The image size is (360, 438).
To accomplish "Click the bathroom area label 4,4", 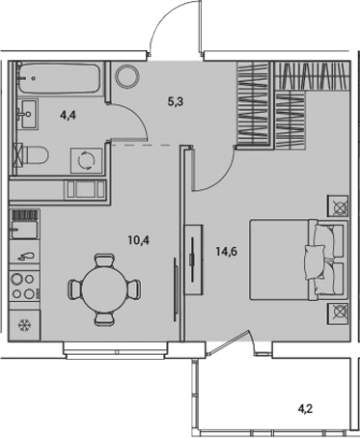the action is coord(68,115).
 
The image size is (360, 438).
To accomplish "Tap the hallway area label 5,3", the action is coord(176,102).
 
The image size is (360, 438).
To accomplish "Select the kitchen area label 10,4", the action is coord(138,240).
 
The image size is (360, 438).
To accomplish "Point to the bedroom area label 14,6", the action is coord(227,252).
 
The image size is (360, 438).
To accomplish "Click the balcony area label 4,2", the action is coord(305,409).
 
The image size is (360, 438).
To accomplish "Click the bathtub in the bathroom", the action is coord(61,78).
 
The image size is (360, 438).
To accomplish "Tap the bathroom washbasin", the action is coord(28,114).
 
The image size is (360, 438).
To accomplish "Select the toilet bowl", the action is coord(32,155).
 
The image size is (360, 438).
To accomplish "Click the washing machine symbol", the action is coord(87,160).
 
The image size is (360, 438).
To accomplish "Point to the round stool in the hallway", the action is coord(127,76).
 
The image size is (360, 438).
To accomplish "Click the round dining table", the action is coord(104,289).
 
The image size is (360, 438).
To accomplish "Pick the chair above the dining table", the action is coord(104,260).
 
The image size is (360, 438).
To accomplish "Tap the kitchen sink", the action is coord(25,225).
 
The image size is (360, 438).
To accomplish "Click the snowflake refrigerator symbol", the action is coord(24,325).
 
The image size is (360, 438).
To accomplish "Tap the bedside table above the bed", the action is coord(338,205).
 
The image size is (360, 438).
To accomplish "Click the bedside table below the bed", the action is coord(338,314).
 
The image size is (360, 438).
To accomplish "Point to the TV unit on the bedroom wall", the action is coord(193,260).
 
